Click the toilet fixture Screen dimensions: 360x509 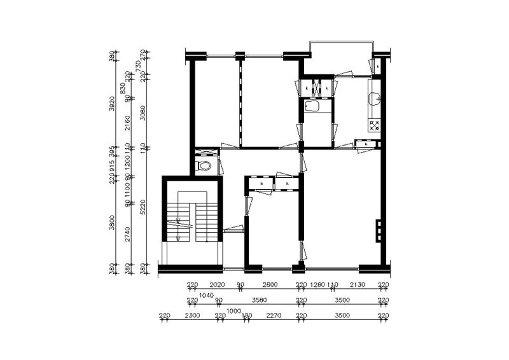point(204,166)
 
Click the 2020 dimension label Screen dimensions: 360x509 point(218,285)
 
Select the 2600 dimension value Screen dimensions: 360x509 point(270,285)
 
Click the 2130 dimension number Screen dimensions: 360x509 point(357,285)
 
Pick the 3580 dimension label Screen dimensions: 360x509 point(259,300)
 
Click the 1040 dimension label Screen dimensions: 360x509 point(206,295)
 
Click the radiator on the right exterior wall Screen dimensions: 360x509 point(379,230)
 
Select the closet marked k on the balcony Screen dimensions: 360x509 point(377,66)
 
